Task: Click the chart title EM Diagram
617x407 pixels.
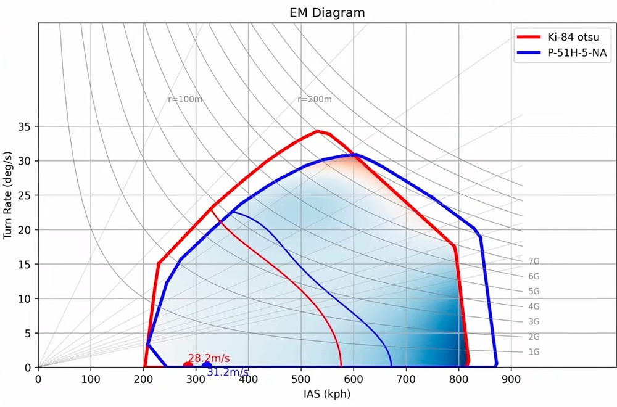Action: click(327, 12)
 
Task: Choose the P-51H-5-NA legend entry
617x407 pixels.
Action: click(562, 54)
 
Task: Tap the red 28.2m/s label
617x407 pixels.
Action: click(209, 358)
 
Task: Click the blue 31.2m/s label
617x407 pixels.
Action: click(228, 372)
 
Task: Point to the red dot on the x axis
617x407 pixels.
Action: click(188, 366)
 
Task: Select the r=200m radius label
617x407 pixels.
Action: click(315, 99)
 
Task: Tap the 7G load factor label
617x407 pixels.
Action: click(534, 261)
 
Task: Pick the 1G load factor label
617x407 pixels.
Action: click(534, 352)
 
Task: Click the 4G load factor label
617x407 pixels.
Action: click(534, 306)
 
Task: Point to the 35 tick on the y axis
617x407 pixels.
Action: click(24, 126)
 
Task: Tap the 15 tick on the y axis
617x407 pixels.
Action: click(24, 264)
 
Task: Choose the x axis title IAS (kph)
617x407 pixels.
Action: click(327, 393)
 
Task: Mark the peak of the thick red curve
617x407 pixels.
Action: click(318, 131)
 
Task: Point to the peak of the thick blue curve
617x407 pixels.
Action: click(355, 154)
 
